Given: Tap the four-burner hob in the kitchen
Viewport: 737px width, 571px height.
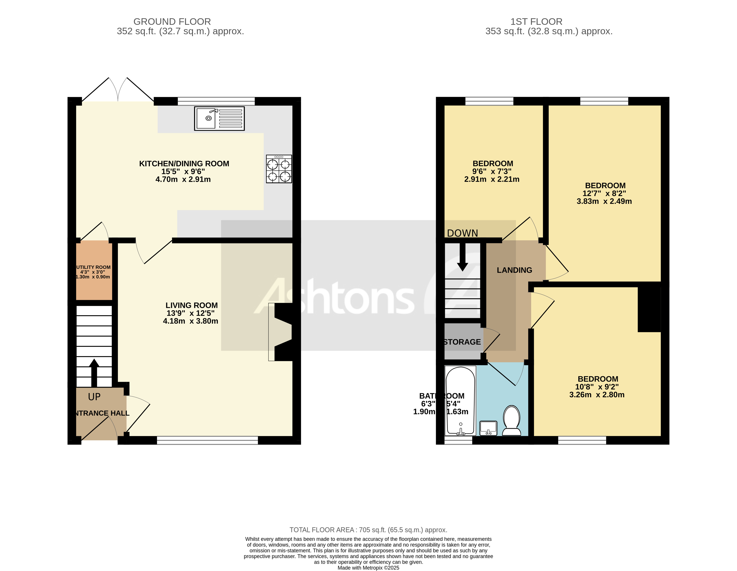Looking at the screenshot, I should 279,169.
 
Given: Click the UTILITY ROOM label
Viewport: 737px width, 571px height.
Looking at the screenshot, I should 94,267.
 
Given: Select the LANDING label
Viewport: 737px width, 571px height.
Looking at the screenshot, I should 514,270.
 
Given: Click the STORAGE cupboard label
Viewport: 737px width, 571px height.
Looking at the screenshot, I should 462,342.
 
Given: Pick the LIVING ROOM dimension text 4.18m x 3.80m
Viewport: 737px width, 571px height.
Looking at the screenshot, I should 190,321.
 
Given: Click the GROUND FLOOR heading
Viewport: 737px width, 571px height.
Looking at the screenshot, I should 172,22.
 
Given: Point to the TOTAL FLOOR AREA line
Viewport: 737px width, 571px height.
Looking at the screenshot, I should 368,530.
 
